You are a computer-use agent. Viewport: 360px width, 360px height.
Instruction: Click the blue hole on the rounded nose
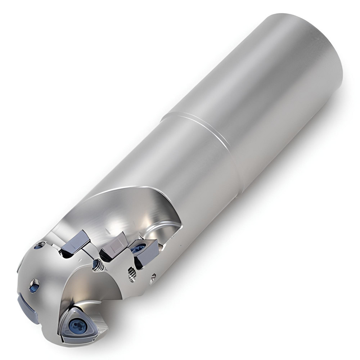coord(34,286)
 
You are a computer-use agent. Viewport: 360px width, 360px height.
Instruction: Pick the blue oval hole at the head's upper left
coord(39,246)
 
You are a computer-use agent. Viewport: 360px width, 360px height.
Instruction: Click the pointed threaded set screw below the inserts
coord(98,266)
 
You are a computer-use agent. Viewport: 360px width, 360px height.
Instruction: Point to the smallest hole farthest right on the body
coord(153,277)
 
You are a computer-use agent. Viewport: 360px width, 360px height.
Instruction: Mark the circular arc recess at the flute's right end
coord(164,230)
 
